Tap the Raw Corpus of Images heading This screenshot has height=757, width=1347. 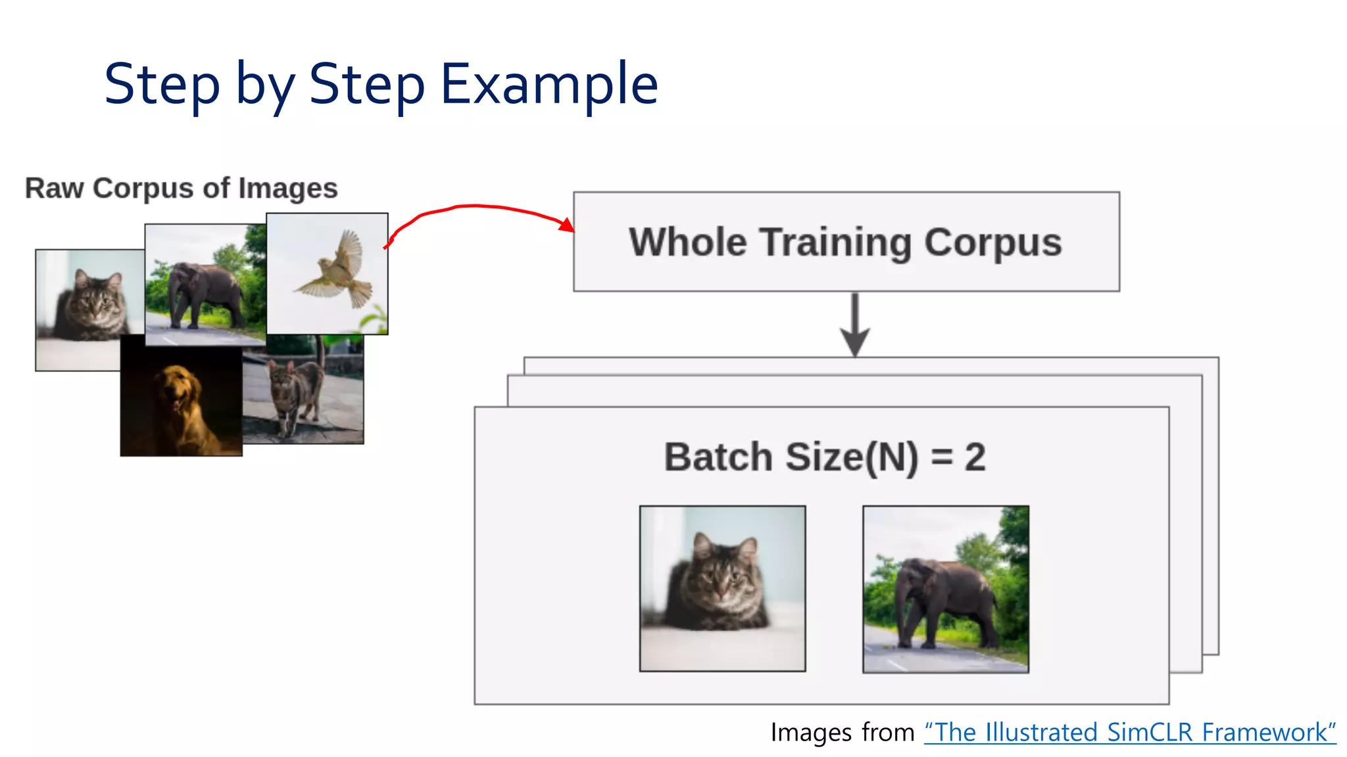coord(181,188)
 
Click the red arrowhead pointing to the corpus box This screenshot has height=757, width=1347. coord(566,225)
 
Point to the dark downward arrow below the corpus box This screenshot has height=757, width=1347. coord(854,325)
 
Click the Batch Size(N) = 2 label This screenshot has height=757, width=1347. coord(824,457)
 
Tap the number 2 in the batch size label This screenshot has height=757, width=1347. coord(975,457)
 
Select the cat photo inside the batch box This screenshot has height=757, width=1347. coord(722,588)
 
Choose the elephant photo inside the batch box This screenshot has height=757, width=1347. coord(945,589)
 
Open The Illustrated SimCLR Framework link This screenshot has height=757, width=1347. coord(1130,732)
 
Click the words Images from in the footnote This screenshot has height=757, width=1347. coord(842,732)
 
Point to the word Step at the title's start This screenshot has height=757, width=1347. coord(161,84)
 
